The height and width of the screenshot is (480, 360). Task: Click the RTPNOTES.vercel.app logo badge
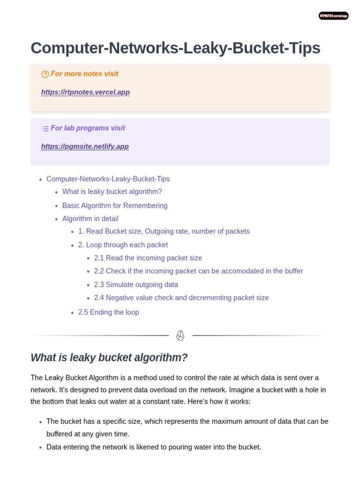click(333, 16)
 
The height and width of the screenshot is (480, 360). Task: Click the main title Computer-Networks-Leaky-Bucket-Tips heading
click(175, 48)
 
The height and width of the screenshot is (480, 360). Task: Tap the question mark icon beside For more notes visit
click(45, 74)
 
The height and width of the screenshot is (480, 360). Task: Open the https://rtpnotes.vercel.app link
click(85, 92)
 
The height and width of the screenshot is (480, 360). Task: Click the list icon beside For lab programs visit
click(45, 128)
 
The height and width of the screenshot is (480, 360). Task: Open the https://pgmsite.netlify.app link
click(85, 147)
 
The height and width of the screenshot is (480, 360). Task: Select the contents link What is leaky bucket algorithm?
click(112, 192)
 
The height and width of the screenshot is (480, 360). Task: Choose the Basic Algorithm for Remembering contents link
click(115, 206)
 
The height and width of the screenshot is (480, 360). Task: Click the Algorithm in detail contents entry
click(90, 219)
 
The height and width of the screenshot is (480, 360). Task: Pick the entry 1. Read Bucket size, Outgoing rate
click(164, 232)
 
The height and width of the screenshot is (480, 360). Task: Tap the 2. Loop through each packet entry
click(123, 245)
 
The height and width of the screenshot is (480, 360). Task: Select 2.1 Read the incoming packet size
click(148, 258)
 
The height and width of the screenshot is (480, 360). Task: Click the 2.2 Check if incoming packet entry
click(198, 271)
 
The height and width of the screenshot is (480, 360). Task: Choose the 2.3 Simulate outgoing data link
click(136, 285)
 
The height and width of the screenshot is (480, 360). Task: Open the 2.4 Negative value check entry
click(181, 298)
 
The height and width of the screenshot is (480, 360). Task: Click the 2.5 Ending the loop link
click(109, 313)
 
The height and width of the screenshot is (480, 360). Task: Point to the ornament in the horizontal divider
click(180, 336)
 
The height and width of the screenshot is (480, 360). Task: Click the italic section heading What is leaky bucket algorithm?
click(109, 358)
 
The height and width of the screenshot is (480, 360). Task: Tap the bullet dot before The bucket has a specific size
click(41, 422)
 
